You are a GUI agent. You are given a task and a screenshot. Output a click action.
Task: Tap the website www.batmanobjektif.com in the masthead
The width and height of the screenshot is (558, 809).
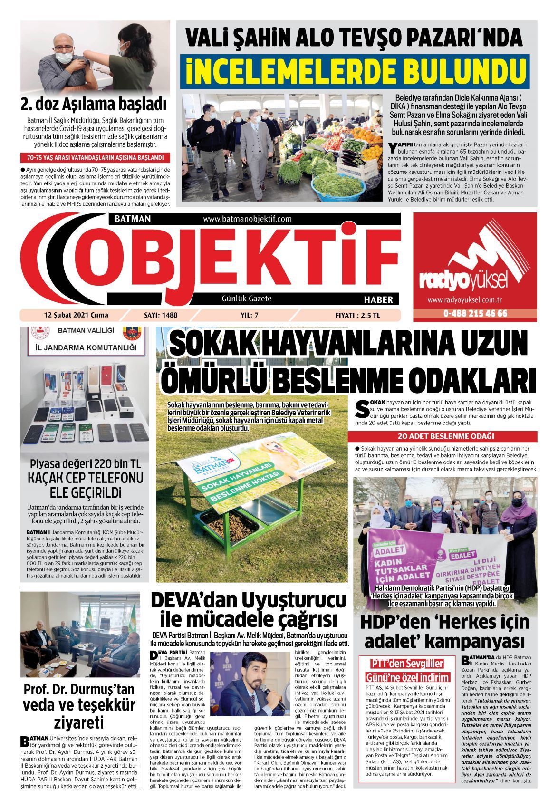[x=247, y=219]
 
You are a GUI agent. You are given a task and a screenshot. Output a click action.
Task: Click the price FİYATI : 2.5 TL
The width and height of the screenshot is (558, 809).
[x=357, y=315]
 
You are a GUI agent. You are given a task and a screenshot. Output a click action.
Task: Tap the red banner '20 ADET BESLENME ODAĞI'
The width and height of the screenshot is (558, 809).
[x=446, y=436]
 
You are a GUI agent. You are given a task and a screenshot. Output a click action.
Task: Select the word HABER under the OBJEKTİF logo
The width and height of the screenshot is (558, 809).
[x=378, y=300]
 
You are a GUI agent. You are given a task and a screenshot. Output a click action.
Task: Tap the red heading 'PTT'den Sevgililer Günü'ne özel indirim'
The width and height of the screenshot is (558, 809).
[x=406, y=671]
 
